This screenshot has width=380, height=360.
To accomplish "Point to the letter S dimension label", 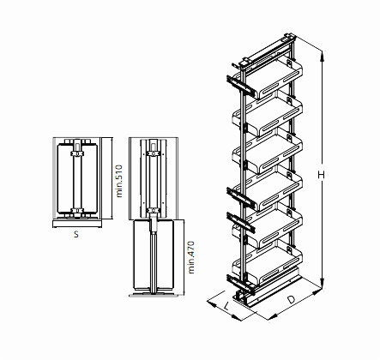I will (75, 231).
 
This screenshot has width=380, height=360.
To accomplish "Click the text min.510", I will (119, 180).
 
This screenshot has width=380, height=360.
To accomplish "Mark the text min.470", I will (194, 257).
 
